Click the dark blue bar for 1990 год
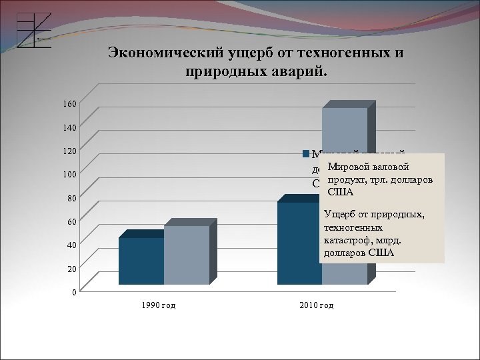pos(141,261)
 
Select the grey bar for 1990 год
pos(186,255)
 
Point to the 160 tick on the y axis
pos(70,104)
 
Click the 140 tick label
pos(70,127)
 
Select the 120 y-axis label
pos(70,151)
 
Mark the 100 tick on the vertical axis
pos(70,174)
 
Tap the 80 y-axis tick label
pos(71,198)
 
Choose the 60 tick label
pos(71,221)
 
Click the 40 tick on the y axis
pos(71,245)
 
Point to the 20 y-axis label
pos(71,268)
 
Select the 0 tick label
pos(74,292)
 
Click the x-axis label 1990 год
pos(159,305)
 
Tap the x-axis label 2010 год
pos(317,305)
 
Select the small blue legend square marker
pos(305,154)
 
